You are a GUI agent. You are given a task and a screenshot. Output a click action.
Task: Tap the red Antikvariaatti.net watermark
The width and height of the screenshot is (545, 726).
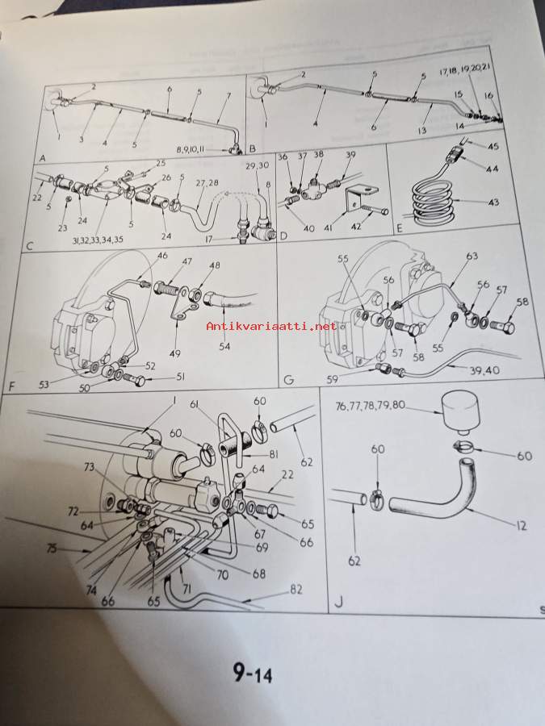(271, 326)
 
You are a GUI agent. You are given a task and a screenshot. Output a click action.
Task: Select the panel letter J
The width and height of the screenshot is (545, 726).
(339, 603)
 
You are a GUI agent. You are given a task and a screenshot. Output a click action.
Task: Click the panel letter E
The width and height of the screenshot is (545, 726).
(400, 228)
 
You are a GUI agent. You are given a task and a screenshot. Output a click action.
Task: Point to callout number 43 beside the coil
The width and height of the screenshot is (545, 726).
(493, 202)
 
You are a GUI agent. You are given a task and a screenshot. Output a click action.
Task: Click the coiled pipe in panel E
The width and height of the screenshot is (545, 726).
(433, 202)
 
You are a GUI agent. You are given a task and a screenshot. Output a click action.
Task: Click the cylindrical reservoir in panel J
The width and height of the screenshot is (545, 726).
(459, 411)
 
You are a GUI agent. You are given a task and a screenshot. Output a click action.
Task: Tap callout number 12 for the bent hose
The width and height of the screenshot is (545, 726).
(521, 525)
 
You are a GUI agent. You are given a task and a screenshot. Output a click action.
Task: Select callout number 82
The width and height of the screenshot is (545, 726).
(296, 589)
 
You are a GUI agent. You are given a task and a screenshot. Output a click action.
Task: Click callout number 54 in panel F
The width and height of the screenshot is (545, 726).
(224, 346)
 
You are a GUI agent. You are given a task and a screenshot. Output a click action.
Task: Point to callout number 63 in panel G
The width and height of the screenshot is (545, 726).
(472, 256)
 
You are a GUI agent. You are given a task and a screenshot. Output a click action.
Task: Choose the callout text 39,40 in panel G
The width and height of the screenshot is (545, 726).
(484, 370)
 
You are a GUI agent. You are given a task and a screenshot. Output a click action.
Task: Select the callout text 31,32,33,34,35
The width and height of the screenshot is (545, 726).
(98, 240)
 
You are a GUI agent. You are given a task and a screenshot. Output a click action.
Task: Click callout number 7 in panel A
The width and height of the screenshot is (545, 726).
(228, 95)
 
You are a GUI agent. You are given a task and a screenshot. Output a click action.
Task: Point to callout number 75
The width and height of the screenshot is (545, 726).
(52, 549)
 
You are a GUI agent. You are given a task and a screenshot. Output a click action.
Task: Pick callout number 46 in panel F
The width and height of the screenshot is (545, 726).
(162, 255)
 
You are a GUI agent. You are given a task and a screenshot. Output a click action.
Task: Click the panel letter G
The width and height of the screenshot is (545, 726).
(288, 380)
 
